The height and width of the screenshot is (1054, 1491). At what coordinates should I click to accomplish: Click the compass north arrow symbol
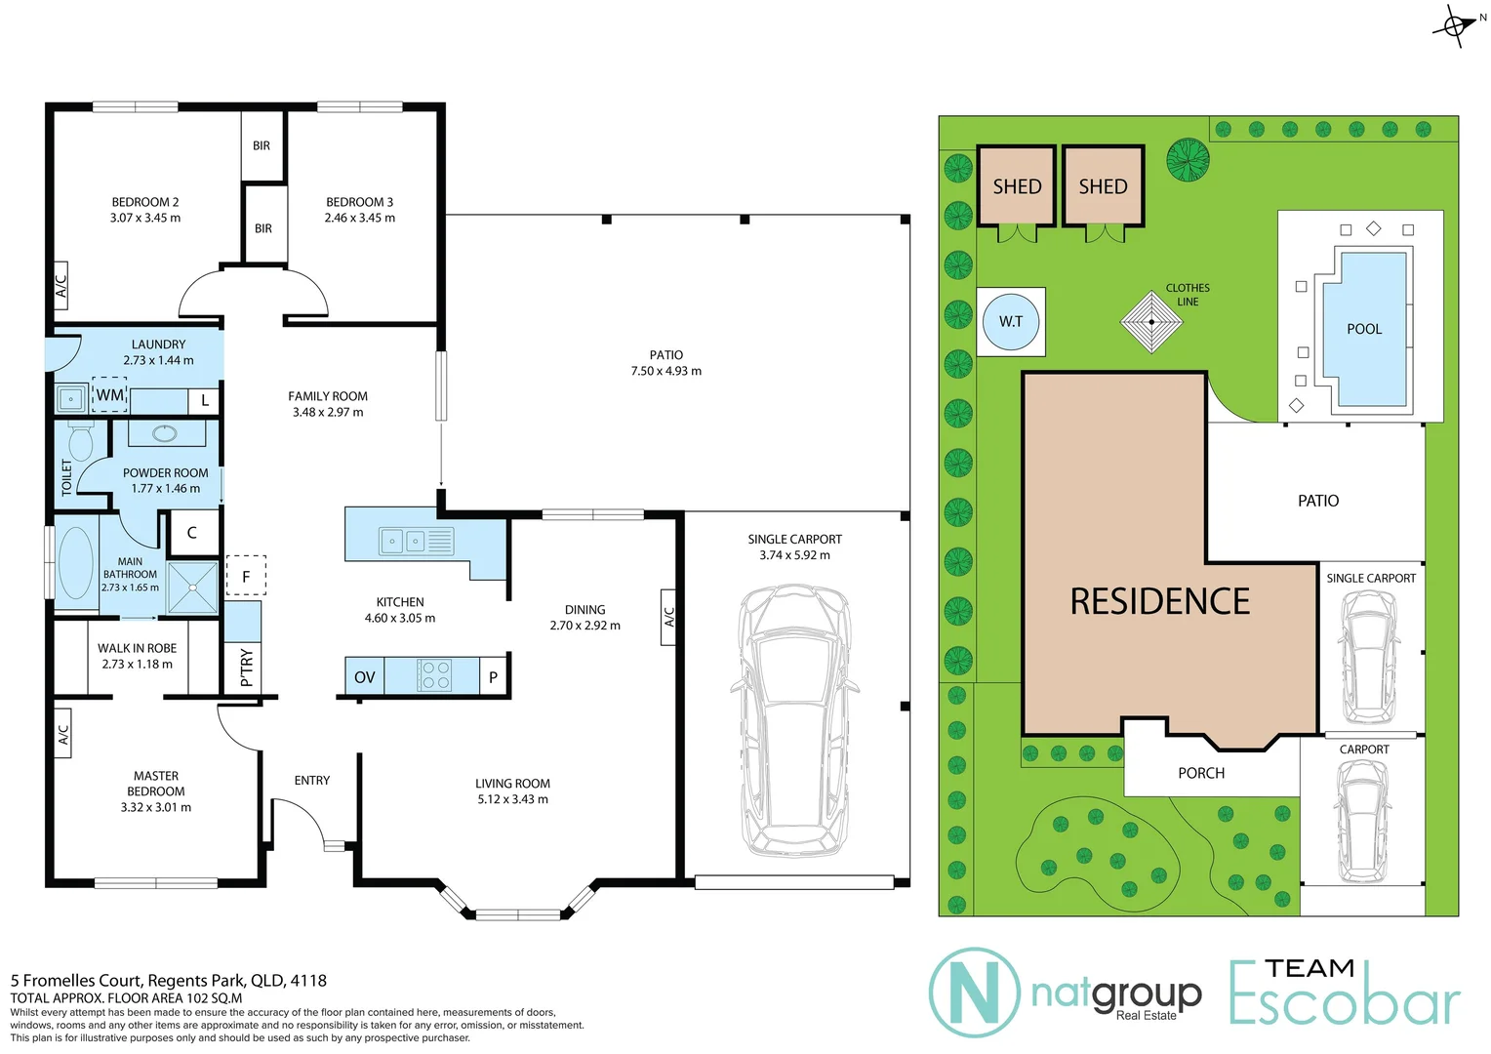coord(1455,25)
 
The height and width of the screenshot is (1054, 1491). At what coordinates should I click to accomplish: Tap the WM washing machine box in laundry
coord(109,395)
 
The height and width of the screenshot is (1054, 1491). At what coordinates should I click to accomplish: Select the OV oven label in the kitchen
coord(364,676)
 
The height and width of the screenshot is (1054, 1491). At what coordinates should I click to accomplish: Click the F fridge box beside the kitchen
coord(246,576)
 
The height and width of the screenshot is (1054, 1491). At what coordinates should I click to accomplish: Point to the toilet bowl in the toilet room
coord(80,444)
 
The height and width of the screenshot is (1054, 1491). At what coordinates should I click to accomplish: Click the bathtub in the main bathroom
coord(75,563)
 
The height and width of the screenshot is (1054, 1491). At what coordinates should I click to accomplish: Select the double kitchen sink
coord(403,540)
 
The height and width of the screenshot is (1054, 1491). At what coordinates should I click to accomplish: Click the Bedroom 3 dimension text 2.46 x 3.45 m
coord(360,218)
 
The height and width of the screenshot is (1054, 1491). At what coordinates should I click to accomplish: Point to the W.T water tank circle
coord(1011,321)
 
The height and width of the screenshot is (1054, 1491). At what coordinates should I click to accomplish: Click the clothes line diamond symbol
coord(1151,321)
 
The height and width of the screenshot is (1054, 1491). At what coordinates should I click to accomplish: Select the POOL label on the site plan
coord(1364,329)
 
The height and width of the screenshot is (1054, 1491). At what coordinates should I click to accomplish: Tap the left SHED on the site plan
coord(1017,186)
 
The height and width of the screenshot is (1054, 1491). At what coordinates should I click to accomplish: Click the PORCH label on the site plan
coord(1201,773)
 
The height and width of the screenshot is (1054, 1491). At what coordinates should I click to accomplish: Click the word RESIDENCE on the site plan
coord(1159,601)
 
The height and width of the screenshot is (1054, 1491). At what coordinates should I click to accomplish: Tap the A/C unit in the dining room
coord(668,617)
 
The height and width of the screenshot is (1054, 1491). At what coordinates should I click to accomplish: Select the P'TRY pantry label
coord(246,668)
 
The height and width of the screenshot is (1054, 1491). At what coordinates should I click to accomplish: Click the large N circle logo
coord(974,992)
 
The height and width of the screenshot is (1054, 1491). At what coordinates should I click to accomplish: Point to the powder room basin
coord(165,432)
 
